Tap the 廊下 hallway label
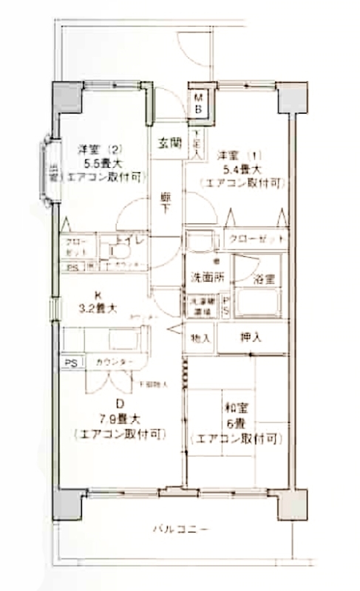point(167,204)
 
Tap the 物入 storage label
point(200,338)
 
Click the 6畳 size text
point(235,425)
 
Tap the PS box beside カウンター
point(71,363)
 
